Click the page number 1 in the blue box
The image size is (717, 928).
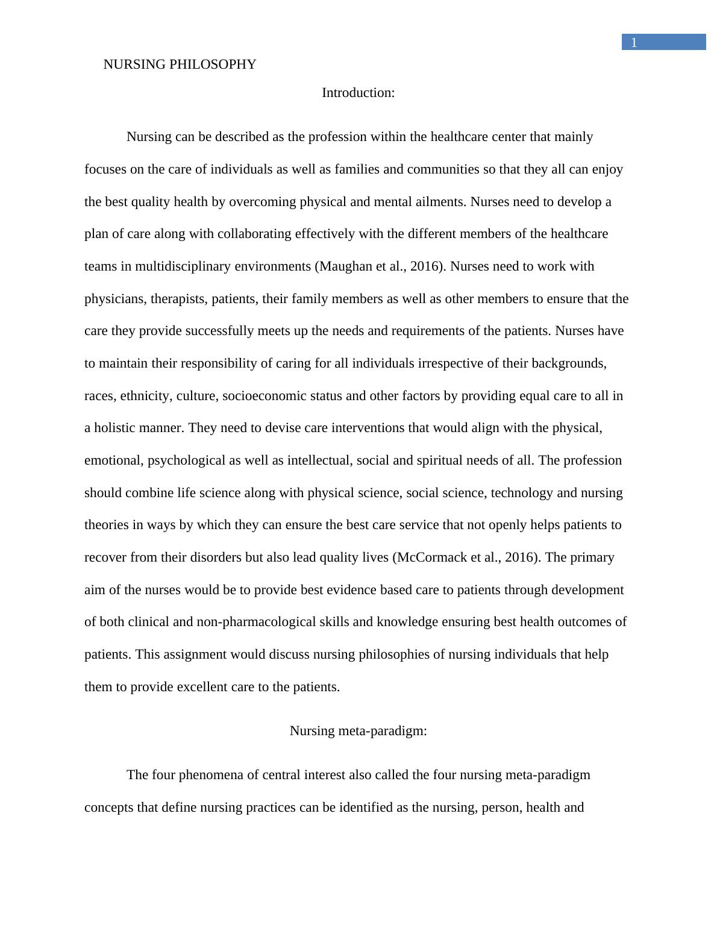tap(633, 43)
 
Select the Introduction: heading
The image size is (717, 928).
tap(358, 93)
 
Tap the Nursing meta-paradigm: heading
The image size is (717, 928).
tap(358, 731)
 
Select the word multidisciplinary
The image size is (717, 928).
tap(183, 266)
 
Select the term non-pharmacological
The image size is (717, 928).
tap(256, 622)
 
